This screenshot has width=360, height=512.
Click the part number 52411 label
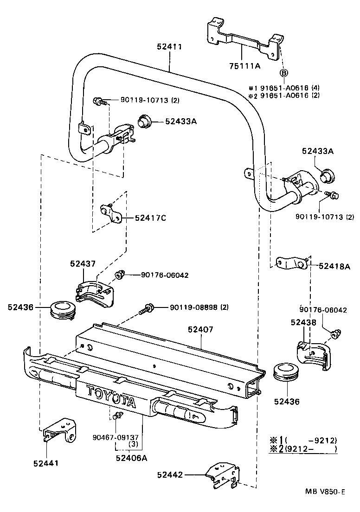click(169, 47)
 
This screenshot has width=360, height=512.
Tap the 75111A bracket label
click(244, 66)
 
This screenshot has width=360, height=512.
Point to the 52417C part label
click(150, 218)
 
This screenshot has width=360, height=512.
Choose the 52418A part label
click(334, 266)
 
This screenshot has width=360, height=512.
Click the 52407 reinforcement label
click(200, 330)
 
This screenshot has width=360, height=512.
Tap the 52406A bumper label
click(131, 458)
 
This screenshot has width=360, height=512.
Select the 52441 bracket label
click(46, 462)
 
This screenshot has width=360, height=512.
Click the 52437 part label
click(83, 263)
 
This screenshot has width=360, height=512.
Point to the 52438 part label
click(303, 322)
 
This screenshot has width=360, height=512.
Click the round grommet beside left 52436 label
click(62, 310)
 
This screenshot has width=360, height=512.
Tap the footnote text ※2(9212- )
click(303, 449)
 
